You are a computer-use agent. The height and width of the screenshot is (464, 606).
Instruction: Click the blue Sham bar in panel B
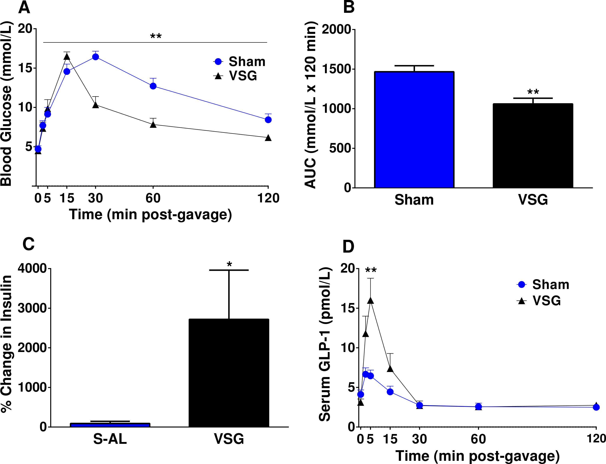click(x=414, y=130)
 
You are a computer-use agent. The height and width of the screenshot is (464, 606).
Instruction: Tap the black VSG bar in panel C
click(x=229, y=373)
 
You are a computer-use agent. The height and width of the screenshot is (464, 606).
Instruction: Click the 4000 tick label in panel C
click(x=32, y=268)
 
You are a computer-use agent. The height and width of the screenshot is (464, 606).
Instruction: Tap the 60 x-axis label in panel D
click(x=478, y=439)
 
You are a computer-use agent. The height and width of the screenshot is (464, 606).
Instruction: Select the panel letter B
click(x=349, y=7)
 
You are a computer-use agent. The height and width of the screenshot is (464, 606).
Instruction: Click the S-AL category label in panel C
click(x=110, y=439)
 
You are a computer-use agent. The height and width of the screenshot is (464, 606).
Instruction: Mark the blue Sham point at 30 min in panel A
click(x=96, y=57)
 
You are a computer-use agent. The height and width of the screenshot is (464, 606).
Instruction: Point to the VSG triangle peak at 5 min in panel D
click(x=370, y=300)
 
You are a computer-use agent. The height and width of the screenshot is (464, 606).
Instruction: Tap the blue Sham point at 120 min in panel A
click(x=268, y=120)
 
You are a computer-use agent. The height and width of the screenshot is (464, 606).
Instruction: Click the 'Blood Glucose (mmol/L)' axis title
click(x=7, y=104)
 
